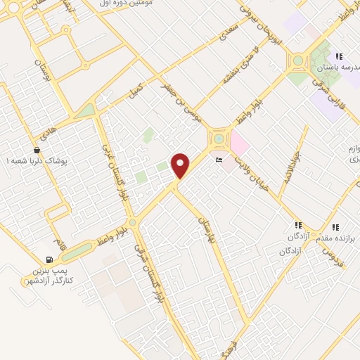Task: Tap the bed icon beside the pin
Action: coord(218,161)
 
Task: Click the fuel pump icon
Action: coord(49,260)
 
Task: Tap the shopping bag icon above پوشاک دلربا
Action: coord(37,150)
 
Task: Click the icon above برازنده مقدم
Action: coord(335,227)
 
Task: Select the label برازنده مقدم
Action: coord(336,238)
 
